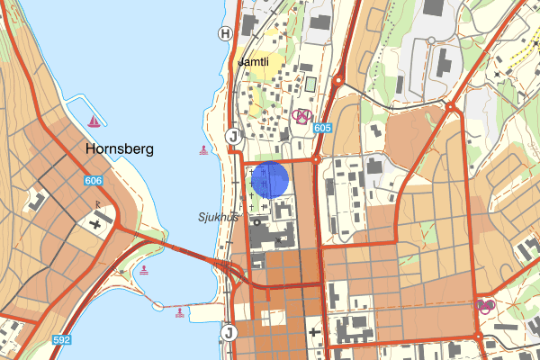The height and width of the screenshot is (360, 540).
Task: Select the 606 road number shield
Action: (x=94, y=181)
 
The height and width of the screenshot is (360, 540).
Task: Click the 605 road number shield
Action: (x=322, y=129)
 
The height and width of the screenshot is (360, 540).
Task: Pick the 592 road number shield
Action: (x=61, y=340)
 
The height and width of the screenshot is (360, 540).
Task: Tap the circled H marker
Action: (x=225, y=33)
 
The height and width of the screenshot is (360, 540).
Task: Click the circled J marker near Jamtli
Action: (x=232, y=136)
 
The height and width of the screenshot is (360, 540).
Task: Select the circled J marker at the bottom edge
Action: (x=228, y=333)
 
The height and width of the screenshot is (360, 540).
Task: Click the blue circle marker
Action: (x=270, y=179)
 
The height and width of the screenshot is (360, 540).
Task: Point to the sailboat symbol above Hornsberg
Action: (x=94, y=121)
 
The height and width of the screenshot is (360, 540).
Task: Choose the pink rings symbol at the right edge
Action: (x=486, y=306)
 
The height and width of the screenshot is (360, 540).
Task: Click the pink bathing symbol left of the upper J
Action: (x=203, y=149)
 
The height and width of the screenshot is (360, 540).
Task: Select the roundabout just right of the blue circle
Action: (x=316, y=159)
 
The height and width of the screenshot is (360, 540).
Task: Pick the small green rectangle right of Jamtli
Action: (x=310, y=85)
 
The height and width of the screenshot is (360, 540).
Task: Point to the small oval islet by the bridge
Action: (x=158, y=307)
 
